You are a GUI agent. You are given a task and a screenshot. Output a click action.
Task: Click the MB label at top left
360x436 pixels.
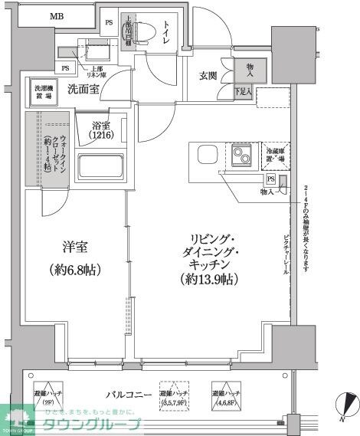(57, 16)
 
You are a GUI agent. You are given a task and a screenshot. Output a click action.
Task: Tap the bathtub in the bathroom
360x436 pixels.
(101, 166)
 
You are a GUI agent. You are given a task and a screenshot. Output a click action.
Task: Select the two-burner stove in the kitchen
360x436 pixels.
(244, 156)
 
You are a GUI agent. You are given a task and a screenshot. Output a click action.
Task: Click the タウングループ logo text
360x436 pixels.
(101, 425)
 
